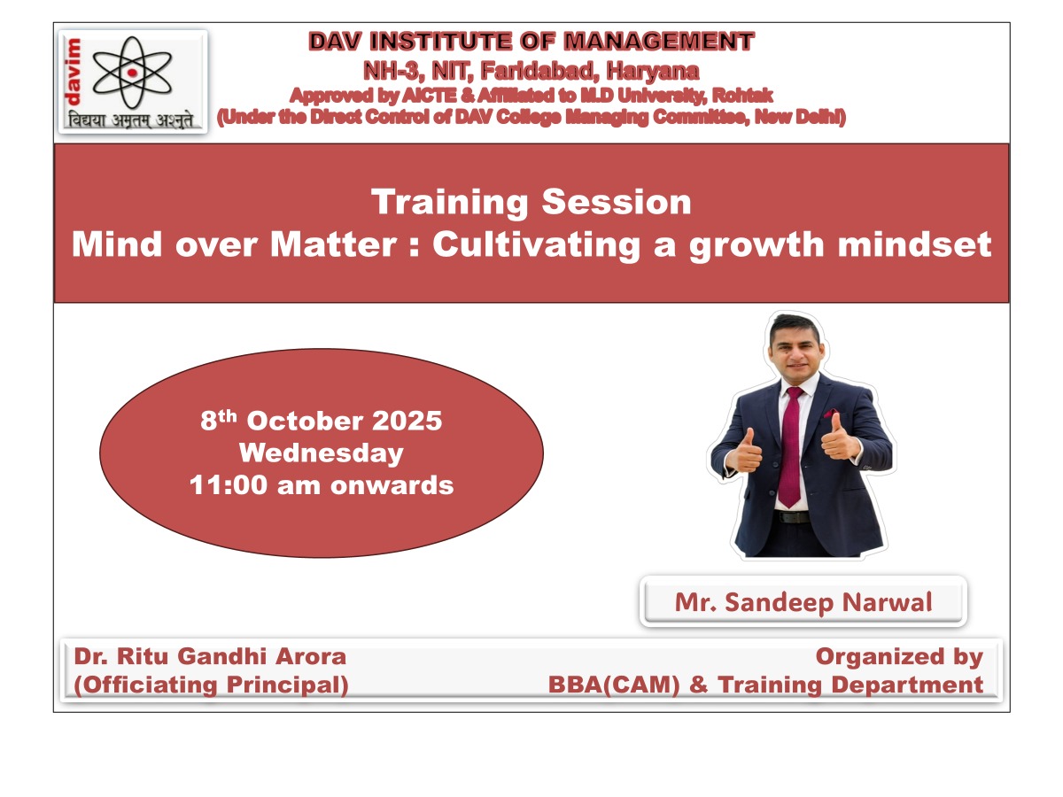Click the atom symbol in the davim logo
pyautogui.click(x=132, y=73)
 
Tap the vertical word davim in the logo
pyautogui.click(x=74, y=72)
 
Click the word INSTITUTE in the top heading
pyautogui.click(x=440, y=41)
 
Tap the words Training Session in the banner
pyautogui.click(x=531, y=202)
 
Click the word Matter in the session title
pyautogui.click(x=334, y=244)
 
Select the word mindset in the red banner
pyautogui.click(x=914, y=244)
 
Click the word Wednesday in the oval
pyautogui.click(x=321, y=453)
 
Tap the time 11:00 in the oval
pyautogui.click(x=228, y=485)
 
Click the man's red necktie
pyautogui.click(x=790, y=446)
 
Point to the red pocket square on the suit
pyautogui.click(x=831, y=414)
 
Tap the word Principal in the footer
pyautogui.click(x=287, y=685)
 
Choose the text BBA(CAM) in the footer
pyautogui.click(x=614, y=685)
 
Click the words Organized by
pyautogui.click(x=899, y=658)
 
